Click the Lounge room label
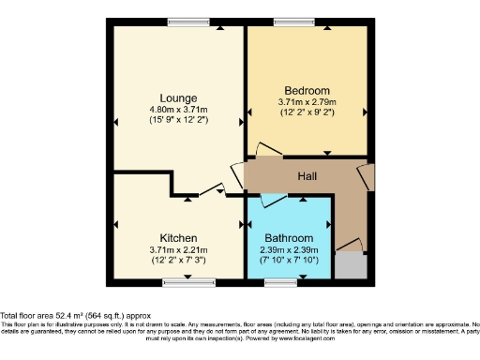point(178,97)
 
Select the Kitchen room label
point(177,238)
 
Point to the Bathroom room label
point(289,238)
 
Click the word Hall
point(307,175)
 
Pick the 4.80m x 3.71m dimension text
point(178,110)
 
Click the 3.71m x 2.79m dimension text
point(307,101)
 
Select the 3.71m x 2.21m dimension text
point(177,249)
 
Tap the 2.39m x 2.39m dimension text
point(289,249)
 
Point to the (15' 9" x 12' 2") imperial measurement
point(178,121)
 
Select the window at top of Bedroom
point(293,22)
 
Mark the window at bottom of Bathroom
point(280,281)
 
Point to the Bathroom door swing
point(274,201)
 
